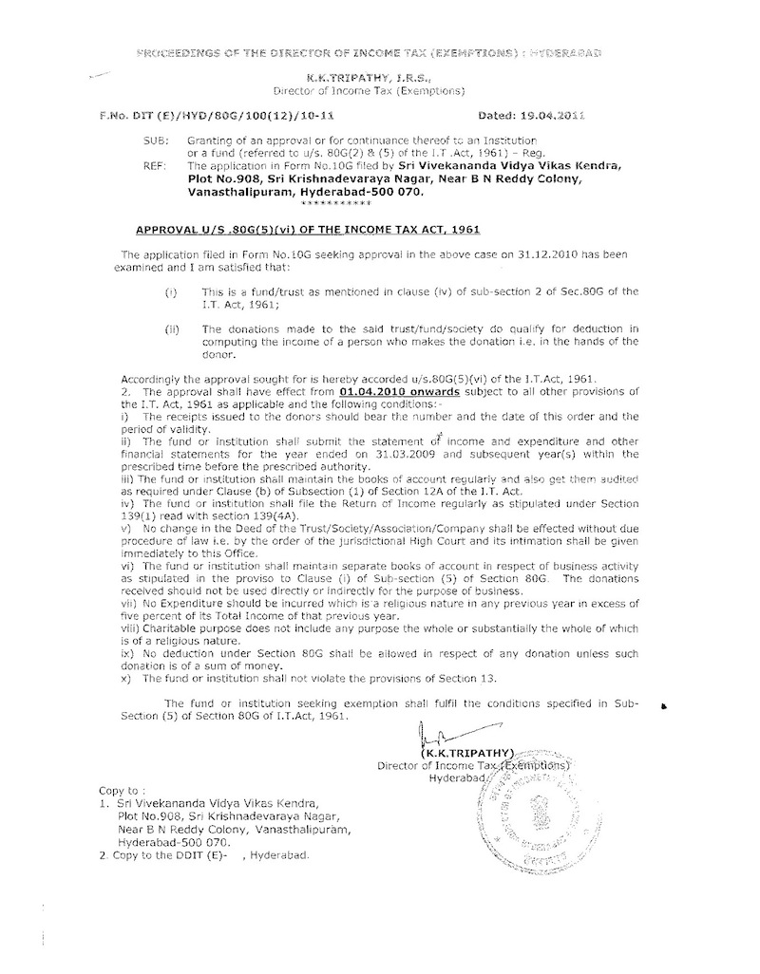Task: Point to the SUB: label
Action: [x=141, y=138]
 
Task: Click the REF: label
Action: [x=141, y=165]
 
